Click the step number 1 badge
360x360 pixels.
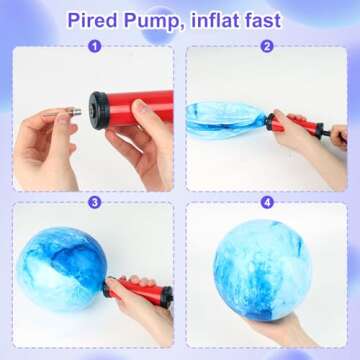(94, 46)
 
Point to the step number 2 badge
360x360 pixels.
(267, 46)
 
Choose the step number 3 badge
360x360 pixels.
(94, 201)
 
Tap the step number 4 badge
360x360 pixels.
(267, 201)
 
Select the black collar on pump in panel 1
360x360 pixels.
(99, 104)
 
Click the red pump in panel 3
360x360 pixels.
(140, 290)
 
